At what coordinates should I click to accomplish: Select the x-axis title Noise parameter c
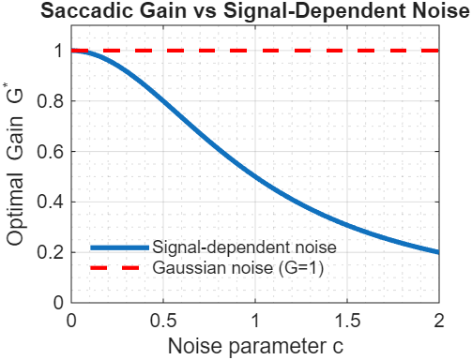point(255,345)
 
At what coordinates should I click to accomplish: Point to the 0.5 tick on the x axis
point(163,321)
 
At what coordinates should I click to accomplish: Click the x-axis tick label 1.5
point(347,321)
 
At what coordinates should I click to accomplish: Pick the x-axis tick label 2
point(439,321)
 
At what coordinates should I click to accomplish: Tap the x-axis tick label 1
point(255,321)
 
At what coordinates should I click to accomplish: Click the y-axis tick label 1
point(59,51)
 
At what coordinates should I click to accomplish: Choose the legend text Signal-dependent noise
point(243,247)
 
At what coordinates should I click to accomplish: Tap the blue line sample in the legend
point(119,247)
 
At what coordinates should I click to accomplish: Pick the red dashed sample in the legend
point(119,267)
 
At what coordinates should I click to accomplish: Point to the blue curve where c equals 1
point(255,177)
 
